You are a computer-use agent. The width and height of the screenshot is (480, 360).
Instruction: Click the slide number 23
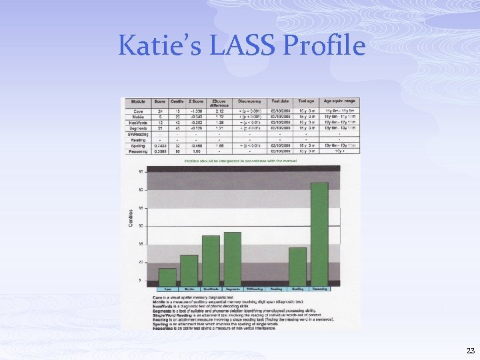point(471,351)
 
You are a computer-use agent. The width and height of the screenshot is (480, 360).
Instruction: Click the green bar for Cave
point(168,277)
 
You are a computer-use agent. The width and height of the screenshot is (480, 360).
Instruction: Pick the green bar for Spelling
point(297,267)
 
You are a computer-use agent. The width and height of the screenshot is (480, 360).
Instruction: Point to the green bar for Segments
point(233,259)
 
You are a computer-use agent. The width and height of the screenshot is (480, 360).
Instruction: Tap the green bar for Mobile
point(189,271)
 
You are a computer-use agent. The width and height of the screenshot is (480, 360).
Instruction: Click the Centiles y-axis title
point(131,217)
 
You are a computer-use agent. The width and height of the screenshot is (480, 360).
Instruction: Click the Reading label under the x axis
point(276,289)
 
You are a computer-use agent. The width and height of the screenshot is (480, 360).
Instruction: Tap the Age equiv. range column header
point(340,101)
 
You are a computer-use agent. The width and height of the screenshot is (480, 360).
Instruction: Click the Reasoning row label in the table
point(137,151)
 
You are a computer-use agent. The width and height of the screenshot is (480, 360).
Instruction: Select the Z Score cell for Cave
point(196,110)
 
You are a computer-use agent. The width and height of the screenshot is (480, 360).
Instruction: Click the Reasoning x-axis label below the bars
point(319,289)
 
